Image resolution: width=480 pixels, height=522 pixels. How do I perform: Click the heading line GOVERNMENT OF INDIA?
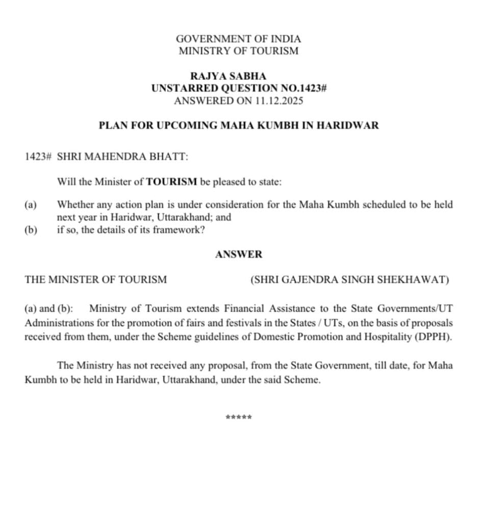pyautogui.click(x=238, y=39)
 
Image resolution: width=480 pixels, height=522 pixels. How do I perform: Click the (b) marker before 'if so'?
pyautogui.click(x=31, y=230)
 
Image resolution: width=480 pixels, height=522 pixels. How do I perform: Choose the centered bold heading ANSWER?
pyautogui.click(x=239, y=254)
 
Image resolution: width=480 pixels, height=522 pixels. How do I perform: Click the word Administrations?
pyautogui.click(x=55, y=323)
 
